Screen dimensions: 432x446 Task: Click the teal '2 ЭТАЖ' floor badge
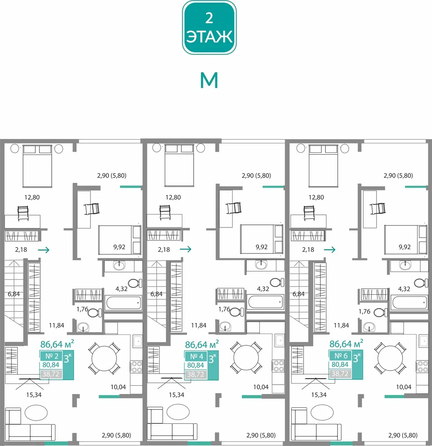[209, 28]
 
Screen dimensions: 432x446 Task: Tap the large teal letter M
[209, 80]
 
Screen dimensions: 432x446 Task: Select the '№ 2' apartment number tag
[52, 356]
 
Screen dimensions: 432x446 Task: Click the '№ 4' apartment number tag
[196, 356]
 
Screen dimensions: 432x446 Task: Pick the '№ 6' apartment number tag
[341, 356]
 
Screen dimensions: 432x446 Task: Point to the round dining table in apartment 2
[104, 358]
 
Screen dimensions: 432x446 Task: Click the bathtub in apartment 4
[265, 303]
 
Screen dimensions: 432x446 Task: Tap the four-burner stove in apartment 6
[422, 366]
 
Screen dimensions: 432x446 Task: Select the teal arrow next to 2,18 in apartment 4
[185, 249]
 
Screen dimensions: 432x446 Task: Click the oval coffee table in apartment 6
[322, 413]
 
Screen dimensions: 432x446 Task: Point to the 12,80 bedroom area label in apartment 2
[32, 197]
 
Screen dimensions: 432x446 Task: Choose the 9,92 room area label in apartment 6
[405, 247]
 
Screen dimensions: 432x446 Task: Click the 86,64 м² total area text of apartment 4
[202, 345]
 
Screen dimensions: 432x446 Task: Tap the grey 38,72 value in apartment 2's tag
[51, 374]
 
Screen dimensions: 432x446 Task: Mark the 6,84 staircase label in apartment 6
[298, 294]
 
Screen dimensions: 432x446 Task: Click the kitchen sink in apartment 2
[138, 342]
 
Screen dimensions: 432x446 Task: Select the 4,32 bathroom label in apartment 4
[263, 289]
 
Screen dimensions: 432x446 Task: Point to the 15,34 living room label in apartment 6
[319, 395]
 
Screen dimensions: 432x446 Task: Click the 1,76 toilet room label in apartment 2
[82, 309]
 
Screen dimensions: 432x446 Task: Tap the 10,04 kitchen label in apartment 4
[261, 387]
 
